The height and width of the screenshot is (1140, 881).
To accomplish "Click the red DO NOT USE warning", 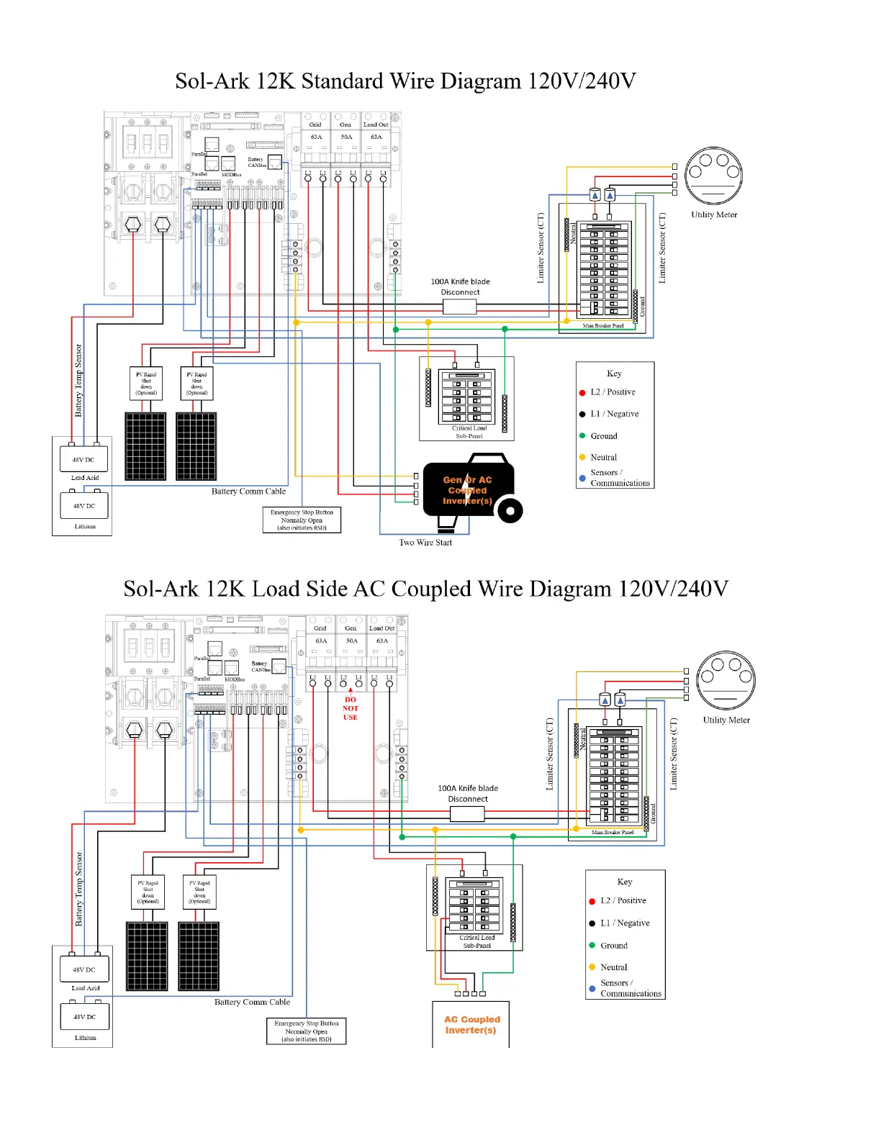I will tap(351, 708).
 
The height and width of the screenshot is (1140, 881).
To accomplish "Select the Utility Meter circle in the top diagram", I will tap(713, 176).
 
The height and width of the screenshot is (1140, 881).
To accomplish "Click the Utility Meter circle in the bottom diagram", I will tap(726, 680).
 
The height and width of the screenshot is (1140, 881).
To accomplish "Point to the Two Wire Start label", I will tap(425, 543).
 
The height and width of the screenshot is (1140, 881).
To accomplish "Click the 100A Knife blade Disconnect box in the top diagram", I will tap(459, 307).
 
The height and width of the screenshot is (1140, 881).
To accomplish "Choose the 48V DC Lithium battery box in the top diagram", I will tap(84, 506).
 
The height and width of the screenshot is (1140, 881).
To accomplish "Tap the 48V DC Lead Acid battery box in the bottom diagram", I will tap(84, 969).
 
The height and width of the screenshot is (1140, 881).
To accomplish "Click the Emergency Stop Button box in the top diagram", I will tap(302, 520).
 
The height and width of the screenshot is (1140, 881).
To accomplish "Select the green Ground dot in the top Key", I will tap(582, 436).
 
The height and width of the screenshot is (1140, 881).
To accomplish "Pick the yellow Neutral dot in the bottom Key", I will tap(592, 967).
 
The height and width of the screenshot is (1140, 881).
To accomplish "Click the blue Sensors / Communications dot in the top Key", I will tap(582, 478).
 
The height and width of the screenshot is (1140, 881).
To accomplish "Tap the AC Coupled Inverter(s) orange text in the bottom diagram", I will tap(471, 1025).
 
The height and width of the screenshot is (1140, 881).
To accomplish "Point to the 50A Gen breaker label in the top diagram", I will tap(346, 137).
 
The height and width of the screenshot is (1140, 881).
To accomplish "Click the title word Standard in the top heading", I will tap(342, 81).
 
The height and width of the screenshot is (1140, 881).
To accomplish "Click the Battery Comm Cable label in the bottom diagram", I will tap(252, 1002).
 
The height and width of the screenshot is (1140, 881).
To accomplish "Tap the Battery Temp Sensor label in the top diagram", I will tap(78, 380).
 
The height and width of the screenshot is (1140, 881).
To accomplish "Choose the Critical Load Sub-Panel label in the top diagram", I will tap(469, 432).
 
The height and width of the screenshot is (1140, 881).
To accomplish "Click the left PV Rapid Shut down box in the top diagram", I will tap(146, 384).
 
